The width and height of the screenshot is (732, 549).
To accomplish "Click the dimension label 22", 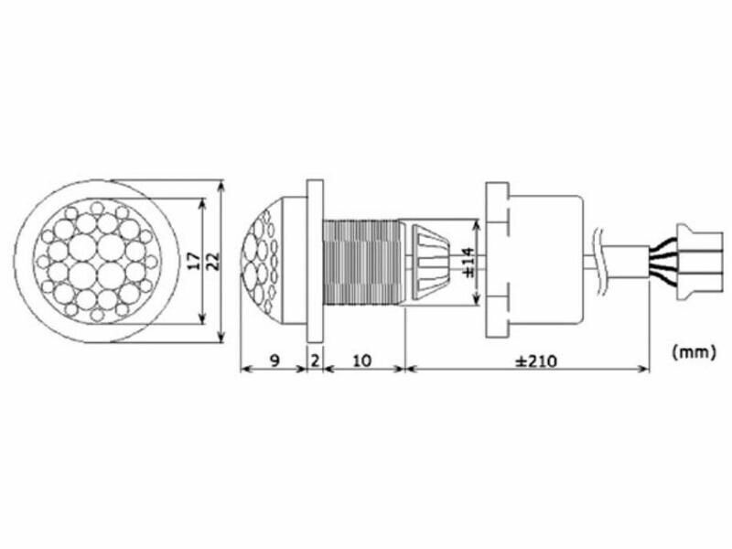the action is pyautogui.click(x=212, y=261).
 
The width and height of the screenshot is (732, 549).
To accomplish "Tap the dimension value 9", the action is pyautogui.click(x=274, y=361).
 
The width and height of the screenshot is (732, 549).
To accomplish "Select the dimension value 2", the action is pyautogui.click(x=315, y=361).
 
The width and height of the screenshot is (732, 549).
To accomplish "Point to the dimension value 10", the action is pyautogui.click(x=361, y=361).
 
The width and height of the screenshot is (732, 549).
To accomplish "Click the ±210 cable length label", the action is pyautogui.click(x=536, y=361).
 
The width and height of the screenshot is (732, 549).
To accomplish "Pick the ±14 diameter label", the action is pyautogui.click(x=468, y=263).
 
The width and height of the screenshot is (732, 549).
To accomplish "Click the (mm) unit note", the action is pyautogui.click(x=694, y=351).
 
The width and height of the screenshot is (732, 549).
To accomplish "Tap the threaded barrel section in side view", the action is pyautogui.click(x=361, y=263).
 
